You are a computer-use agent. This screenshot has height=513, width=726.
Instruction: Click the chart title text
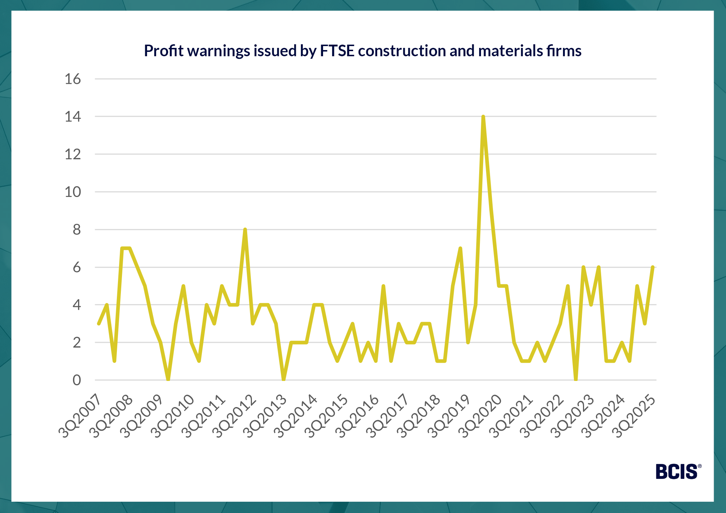click(363, 51)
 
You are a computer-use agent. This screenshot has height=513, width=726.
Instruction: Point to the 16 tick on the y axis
click(73, 79)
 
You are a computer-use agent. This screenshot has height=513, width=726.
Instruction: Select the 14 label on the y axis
click(73, 117)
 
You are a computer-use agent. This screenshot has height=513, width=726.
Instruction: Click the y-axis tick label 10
click(73, 192)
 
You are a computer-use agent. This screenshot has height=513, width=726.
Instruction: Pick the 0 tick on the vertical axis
click(77, 380)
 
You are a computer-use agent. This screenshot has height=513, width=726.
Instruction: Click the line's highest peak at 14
click(483, 117)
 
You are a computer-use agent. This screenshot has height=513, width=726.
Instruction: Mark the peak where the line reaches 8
click(245, 230)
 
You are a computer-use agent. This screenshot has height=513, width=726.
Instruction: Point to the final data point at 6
click(653, 267)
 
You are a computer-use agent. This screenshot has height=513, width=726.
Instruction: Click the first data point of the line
click(99, 324)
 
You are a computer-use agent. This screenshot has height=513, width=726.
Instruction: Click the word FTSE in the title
click(337, 51)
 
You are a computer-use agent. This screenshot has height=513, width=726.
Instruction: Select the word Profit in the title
click(164, 51)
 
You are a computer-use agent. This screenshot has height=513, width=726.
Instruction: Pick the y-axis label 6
click(77, 267)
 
